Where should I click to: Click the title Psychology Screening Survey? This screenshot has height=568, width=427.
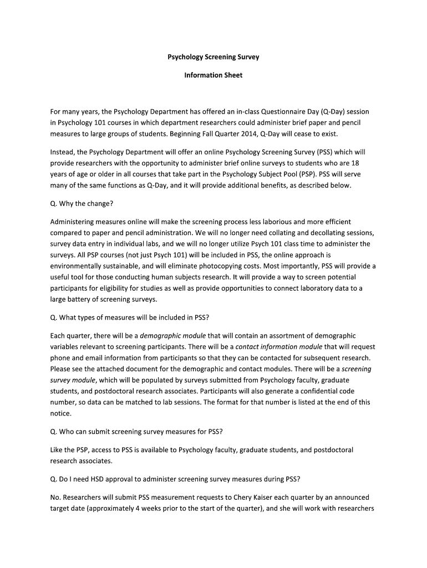(213, 57)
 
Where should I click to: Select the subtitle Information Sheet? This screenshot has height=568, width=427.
(213, 75)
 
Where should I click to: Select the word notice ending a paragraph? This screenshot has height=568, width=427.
(60, 413)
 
